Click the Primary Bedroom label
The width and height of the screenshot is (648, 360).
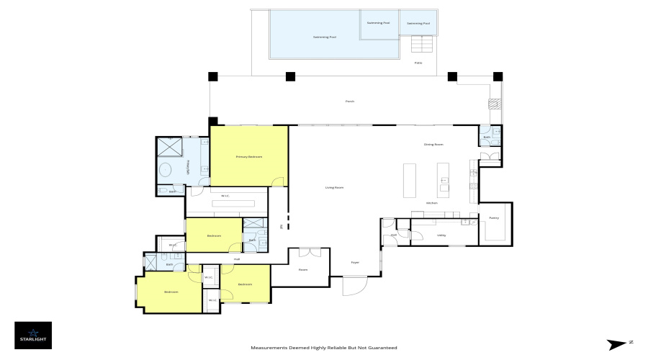[248, 156]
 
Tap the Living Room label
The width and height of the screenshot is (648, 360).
[334, 187]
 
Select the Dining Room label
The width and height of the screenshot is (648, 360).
[433, 145]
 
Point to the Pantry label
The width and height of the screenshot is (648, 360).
[494, 217]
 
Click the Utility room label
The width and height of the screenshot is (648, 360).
[441, 235]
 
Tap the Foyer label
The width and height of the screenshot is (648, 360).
[355, 262]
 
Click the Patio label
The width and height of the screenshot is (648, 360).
[418, 63]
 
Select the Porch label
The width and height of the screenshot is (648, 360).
[350, 102]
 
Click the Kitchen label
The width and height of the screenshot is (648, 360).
[432, 203]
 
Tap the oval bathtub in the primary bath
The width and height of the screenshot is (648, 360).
[165, 171]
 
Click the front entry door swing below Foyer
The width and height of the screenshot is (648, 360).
[354, 287]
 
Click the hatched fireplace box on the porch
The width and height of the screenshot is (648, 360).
[493, 104]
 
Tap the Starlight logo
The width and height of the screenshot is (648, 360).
[33, 335]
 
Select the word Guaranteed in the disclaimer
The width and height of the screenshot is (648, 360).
[382, 348]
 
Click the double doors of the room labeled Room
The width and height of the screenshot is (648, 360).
[310, 252]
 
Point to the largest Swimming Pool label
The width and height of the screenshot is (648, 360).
[324, 37]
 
